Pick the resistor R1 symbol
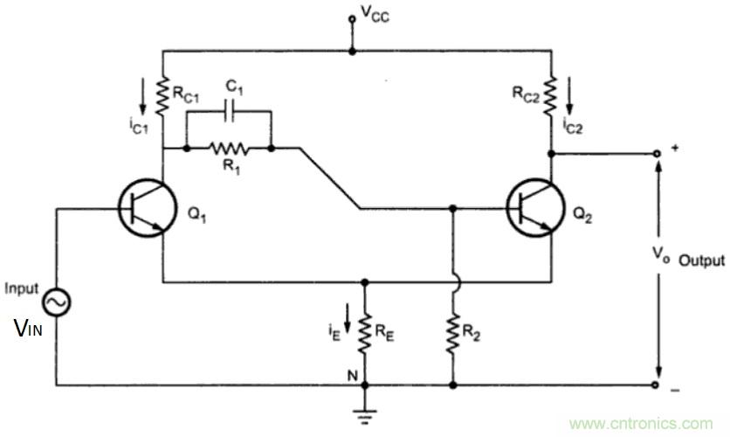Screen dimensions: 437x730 tap(229, 149)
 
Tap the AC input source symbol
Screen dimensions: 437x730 tap(57, 302)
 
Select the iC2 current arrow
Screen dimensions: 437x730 tap(572, 91)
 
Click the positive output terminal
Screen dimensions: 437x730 tap(657, 152)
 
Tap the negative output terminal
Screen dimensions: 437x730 tap(657, 384)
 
